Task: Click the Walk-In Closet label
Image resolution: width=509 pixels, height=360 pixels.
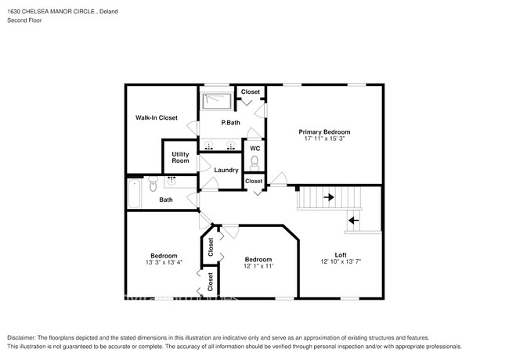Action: coord(157,118)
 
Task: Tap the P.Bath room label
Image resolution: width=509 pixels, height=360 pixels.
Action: coord(230,123)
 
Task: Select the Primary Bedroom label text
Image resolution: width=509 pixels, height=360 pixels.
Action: coord(325,131)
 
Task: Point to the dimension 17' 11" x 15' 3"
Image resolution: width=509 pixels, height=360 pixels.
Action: coord(325,139)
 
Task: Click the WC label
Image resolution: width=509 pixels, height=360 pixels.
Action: coord(254,149)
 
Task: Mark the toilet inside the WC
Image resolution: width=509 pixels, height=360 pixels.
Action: coord(254,162)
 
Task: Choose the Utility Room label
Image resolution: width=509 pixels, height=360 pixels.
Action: coord(180,157)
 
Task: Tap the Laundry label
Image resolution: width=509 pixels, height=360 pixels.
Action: coord(226,170)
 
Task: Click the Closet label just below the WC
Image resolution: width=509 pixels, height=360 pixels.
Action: coord(254,182)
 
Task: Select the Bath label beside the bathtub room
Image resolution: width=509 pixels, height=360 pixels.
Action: coord(166,200)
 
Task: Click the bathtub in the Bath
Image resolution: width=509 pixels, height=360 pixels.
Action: coord(134,193)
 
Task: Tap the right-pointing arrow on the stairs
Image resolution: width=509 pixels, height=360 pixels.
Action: coord(329,197)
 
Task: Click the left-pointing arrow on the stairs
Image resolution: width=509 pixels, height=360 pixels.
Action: coord(352,220)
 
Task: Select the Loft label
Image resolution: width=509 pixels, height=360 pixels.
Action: coord(341,254)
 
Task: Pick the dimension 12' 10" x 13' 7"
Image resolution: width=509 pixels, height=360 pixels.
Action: coord(341,261)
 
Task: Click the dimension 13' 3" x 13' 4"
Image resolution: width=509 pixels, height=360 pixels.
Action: coord(164,263)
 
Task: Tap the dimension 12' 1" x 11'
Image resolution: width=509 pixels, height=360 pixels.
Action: coord(258,266)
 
